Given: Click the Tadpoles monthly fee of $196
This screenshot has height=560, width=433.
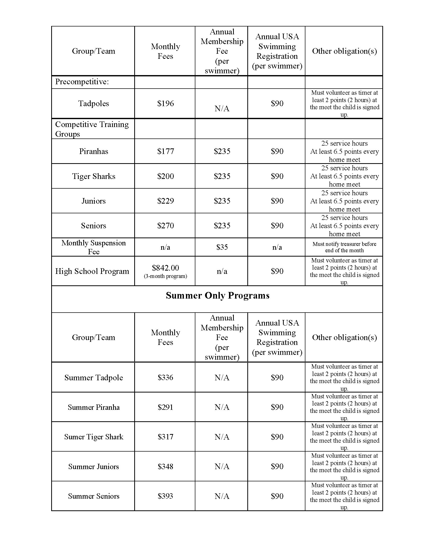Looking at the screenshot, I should tap(166, 103).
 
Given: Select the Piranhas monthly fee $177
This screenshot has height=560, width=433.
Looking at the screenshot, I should tap(166, 151).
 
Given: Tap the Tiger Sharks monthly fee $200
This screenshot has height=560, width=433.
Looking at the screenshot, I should tap(166, 176).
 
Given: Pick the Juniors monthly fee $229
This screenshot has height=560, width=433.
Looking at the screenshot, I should tap(166, 201).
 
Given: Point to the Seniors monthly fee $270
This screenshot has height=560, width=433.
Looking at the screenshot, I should tap(166, 226).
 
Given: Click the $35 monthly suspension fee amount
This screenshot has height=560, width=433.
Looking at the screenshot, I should tap(222, 247).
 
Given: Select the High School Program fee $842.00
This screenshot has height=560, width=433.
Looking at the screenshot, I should tap(166, 268).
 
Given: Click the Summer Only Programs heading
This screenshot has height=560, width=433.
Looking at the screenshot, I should tap(217, 296).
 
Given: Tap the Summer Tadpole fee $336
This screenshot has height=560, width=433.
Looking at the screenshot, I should tap(166, 377).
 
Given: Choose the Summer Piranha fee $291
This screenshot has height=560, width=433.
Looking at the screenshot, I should tap(166, 407).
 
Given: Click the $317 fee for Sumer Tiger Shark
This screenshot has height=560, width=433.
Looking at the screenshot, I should tap(166, 437).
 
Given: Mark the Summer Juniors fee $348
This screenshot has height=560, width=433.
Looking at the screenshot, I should tap(166, 466).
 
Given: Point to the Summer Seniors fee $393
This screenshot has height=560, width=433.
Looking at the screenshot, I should tap(166, 496).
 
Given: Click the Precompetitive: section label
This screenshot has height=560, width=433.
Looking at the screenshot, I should tap(82, 82).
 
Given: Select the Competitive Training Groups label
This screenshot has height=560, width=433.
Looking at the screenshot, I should tap(92, 129).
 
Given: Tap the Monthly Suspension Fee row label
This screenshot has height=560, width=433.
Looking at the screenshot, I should tap(93, 247).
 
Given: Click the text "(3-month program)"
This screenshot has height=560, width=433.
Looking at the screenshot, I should tap(166, 276).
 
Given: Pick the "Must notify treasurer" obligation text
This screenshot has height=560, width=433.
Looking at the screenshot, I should tap(344, 247).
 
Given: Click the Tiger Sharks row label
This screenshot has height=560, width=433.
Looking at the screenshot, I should tap(94, 176).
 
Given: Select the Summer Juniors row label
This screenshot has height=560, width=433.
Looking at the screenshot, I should tap(94, 467).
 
